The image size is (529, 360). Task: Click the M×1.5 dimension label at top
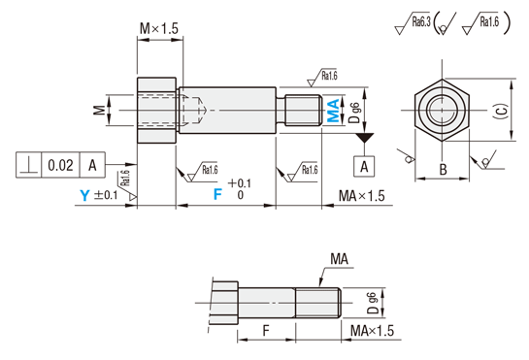pyautogui.click(x=159, y=29)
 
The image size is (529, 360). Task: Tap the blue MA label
pyautogui.click(x=333, y=111)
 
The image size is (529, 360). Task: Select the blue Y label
pyautogui.click(x=84, y=195)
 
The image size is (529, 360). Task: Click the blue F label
pyautogui.click(x=218, y=194)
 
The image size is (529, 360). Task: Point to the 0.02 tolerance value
pyautogui.click(x=60, y=165)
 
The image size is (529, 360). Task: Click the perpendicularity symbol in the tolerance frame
pyautogui.click(x=29, y=165)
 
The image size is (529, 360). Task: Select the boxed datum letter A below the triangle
pyautogui.click(x=364, y=166)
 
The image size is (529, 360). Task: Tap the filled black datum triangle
pyautogui.click(x=365, y=138)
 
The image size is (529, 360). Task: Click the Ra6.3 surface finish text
pyautogui.click(x=421, y=22)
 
